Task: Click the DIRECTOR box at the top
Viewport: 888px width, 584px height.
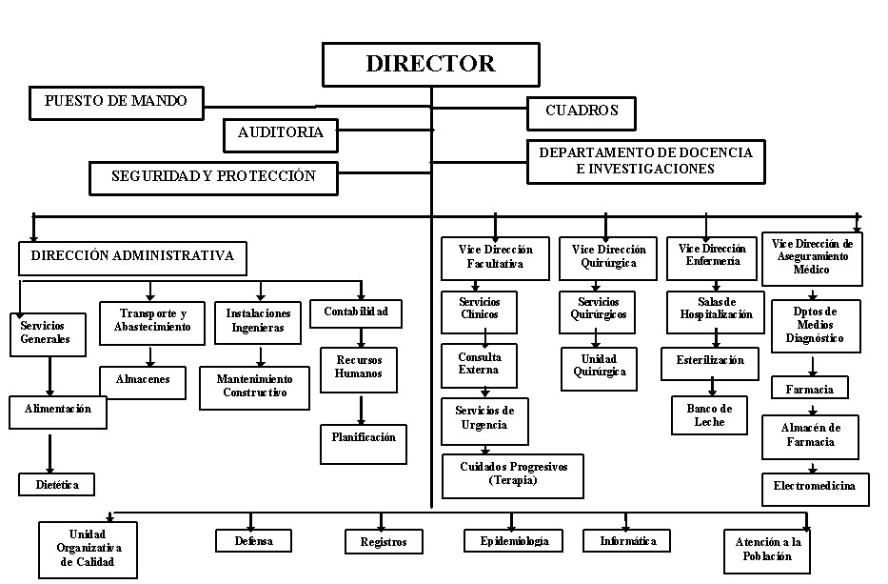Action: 431,65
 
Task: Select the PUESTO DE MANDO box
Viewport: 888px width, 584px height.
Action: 116,102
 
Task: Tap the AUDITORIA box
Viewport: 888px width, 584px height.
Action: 280,134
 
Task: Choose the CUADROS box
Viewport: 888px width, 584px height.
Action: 582,111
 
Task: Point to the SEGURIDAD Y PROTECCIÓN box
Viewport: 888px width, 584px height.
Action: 212,176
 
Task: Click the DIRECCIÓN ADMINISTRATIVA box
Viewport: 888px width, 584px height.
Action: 132,256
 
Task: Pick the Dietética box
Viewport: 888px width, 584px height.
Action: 57,484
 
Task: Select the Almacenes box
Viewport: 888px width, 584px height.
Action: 143,380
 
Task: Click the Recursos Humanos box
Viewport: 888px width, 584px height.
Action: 358,368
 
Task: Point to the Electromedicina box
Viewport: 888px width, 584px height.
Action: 815,487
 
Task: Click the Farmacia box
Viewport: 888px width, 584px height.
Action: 810,389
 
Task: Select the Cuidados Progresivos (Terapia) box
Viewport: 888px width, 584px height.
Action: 513,474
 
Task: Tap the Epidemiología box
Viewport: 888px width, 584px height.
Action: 507,541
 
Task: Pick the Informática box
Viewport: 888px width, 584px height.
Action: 628,541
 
